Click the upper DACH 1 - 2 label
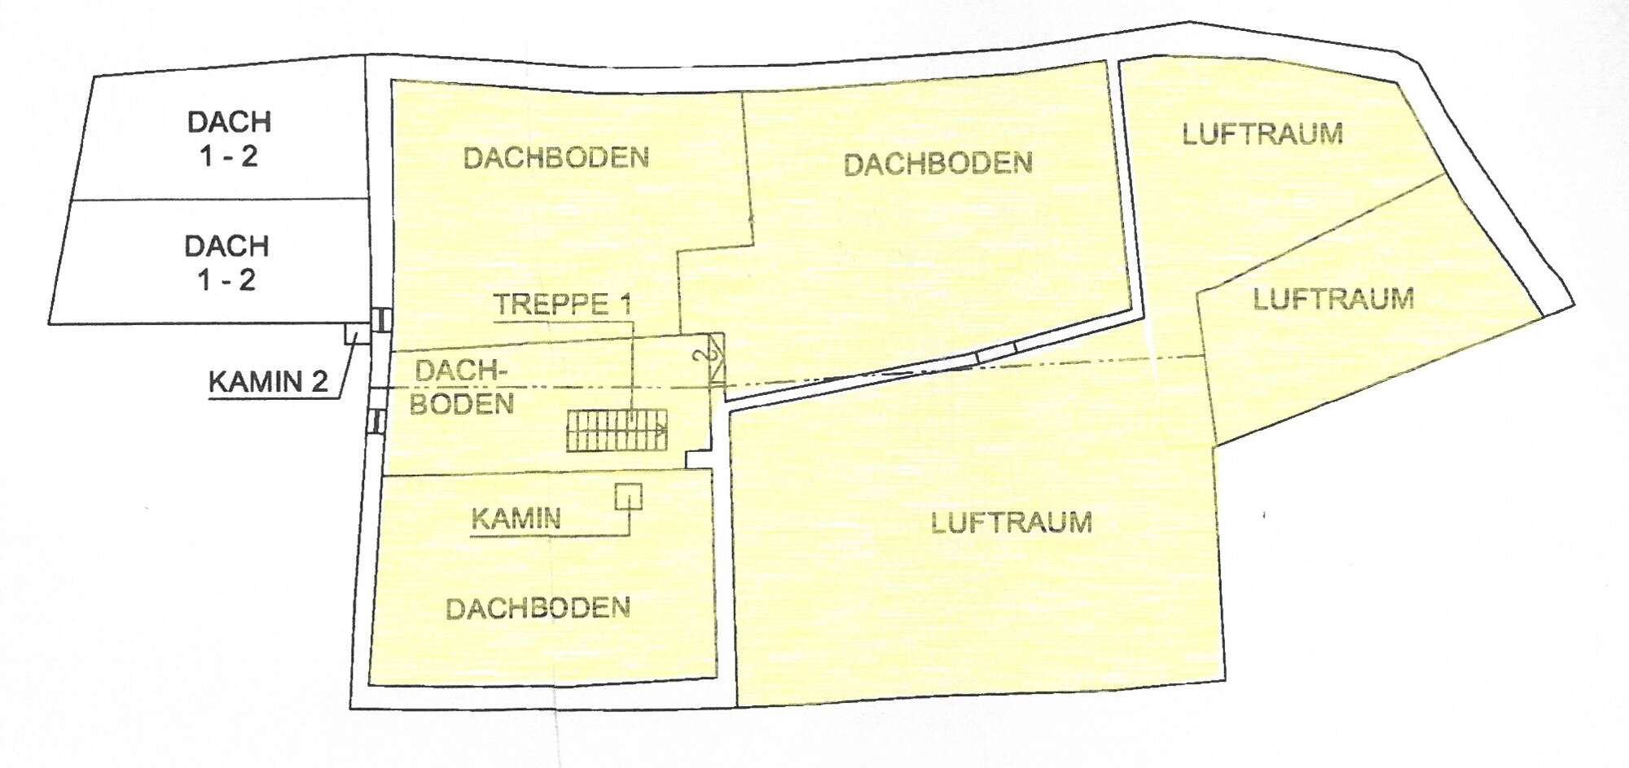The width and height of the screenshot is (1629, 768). point(229,138)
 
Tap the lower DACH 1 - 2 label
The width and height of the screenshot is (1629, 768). point(227,262)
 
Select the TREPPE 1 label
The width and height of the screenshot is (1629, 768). point(563,305)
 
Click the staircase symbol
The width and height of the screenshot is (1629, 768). point(617,430)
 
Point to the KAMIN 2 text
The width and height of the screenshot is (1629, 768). point(268,381)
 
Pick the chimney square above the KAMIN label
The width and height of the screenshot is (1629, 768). point(628,496)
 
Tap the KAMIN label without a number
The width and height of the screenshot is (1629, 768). point(516,519)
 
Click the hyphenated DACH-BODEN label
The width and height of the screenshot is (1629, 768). point(462,388)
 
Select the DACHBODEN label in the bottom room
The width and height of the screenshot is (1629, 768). point(538,608)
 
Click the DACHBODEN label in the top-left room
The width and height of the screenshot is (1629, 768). point(556,157)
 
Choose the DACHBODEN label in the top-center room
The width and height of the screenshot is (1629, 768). point(938,165)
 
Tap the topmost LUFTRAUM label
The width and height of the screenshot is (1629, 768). point(1262,134)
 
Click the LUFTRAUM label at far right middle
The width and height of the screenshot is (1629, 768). point(1333,299)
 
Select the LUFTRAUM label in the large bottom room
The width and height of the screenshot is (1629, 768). point(1012,522)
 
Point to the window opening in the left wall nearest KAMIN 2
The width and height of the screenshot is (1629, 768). point(379,319)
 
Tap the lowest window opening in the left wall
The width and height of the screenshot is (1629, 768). point(376,420)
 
